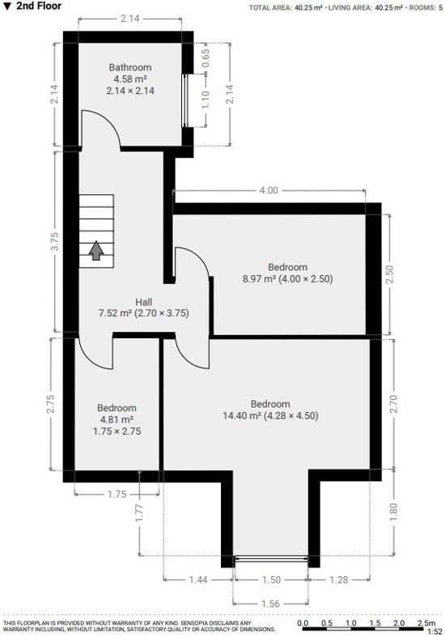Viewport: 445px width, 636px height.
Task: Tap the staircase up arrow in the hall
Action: click(x=96, y=251)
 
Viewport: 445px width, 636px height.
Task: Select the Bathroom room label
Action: click(x=130, y=67)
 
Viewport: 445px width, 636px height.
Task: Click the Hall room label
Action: click(x=143, y=302)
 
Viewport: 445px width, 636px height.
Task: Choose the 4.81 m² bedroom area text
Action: click(x=117, y=420)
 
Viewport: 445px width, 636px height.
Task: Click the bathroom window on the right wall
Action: click(x=187, y=101)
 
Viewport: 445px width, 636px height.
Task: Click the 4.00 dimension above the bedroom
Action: click(x=269, y=191)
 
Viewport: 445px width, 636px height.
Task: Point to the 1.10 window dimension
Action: click(x=206, y=100)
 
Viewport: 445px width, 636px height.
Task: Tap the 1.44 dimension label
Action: click(x=197, y=580)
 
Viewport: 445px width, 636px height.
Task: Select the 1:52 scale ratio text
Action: click(x=434, y=631)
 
